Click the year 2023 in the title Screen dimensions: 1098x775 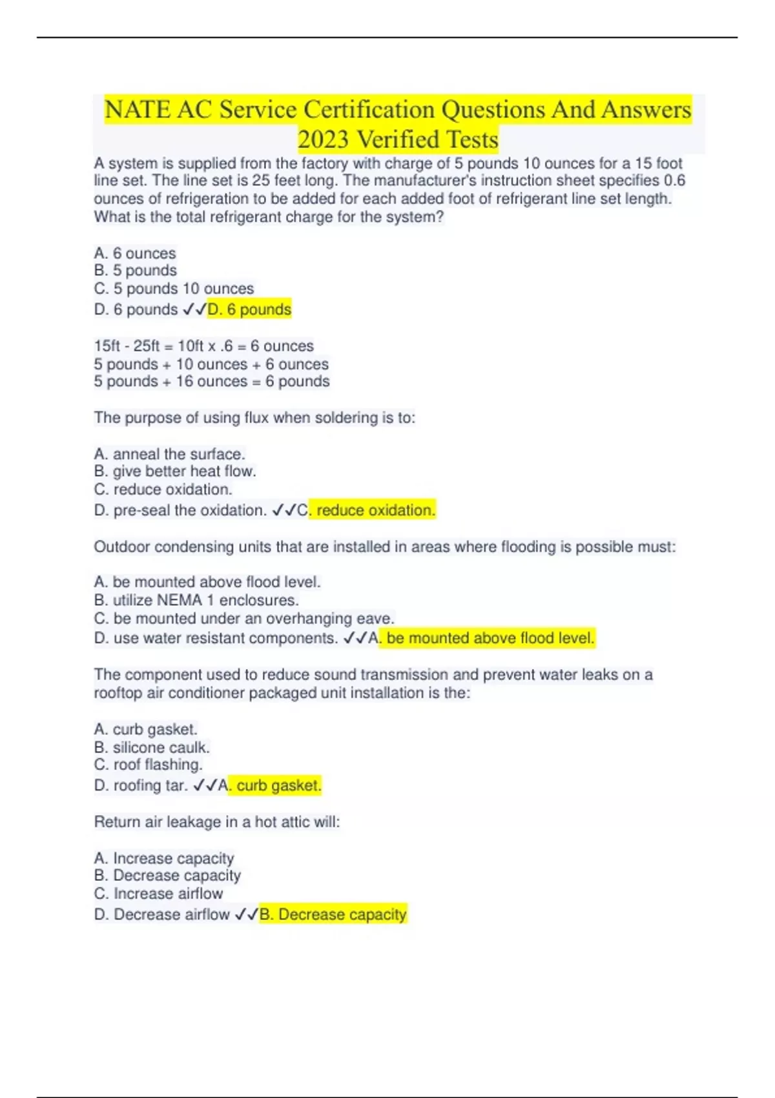coord(323,140)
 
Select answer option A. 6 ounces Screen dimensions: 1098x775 coord(135,253)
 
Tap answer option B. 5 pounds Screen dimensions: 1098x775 coord(136,271)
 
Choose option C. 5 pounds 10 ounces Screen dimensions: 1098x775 coord(174,289)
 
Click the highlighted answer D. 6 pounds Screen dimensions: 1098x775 coord(249,310)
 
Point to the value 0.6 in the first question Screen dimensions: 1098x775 coord(674,181)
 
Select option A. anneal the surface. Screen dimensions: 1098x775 coord(169,454)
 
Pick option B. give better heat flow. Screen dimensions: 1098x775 coord(175,471)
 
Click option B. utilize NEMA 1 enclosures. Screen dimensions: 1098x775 coord(196,600)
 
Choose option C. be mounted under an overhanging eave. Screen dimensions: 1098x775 coord(244,618)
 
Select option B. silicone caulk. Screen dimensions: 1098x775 coord(152,747)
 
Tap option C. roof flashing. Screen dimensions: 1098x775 coord(149,765)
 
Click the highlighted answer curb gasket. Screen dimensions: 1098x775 coord(278,785)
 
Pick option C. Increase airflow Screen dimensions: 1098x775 coord(158,893)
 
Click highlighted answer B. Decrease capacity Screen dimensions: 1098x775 coord(333,915)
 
